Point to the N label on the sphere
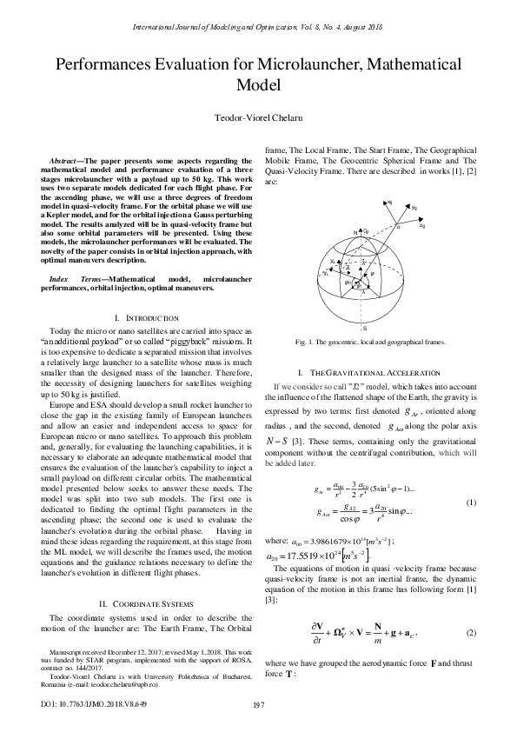click(355, 234)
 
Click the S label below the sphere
click(365, 329)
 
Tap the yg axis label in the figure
click(414, 209)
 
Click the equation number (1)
click(471, 502)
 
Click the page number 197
click(258, 704)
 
